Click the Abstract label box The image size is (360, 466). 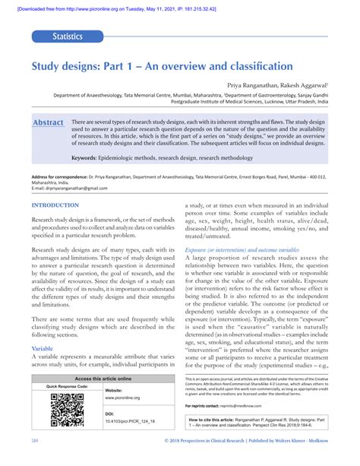click(x=48, y=122)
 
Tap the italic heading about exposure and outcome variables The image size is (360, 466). click(x=242, y=249)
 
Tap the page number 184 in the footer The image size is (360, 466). click(x=35, y=461)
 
